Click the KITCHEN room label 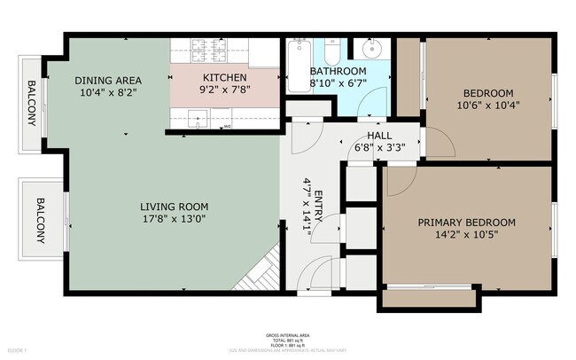point(224,77)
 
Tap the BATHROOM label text point(338,71)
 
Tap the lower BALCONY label point(41,220)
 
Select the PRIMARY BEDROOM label point(466,223)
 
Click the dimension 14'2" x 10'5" point(466,236)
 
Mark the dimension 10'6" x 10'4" point(487,106)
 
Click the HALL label point(368,134)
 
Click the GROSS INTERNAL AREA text point(288,335)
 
